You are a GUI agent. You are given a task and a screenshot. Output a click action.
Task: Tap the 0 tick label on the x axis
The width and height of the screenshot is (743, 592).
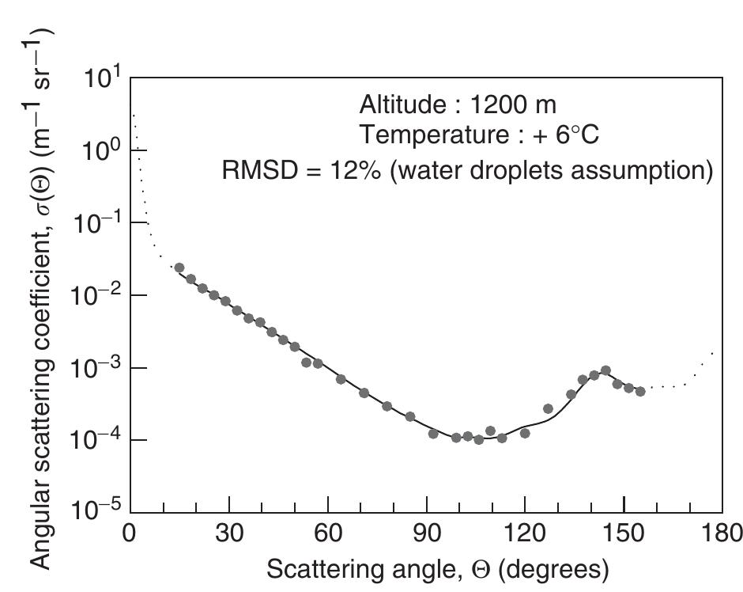pos(130,530)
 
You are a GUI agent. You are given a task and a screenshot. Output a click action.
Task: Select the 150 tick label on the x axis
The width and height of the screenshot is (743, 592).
pos(624,530)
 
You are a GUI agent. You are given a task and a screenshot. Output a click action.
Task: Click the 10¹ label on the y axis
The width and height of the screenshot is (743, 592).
pos(100,80)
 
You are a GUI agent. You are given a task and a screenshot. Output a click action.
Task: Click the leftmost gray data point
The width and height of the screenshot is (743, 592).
pos(179,268)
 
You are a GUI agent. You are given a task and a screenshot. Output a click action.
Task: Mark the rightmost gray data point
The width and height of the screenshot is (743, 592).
pos(640,391)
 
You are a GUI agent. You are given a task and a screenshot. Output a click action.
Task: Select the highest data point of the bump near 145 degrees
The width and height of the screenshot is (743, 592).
pos(605,370)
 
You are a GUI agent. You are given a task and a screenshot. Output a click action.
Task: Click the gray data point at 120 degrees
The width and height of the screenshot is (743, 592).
pos(525,433)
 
